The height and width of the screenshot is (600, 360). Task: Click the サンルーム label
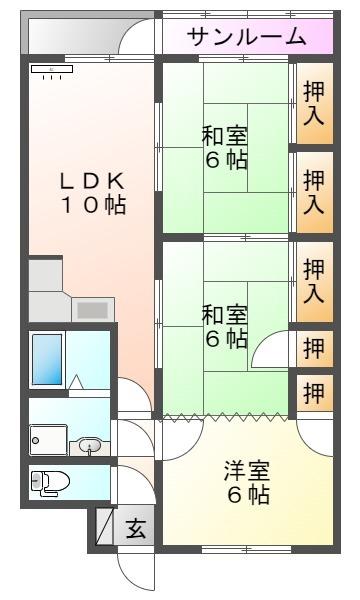[246, 37]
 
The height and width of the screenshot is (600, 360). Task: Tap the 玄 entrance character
[136, 527]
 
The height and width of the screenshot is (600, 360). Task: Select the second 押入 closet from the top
[314, 192]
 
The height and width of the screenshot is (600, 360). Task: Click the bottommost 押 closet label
[314, 393]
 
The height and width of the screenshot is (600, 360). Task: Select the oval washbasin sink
[90, 444]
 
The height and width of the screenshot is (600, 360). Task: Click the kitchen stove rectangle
[94, 309]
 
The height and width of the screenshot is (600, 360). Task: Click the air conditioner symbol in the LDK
[52, 72]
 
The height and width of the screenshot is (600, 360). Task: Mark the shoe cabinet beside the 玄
[105, 527]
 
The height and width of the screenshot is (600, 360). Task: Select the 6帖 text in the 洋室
[246, 495]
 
